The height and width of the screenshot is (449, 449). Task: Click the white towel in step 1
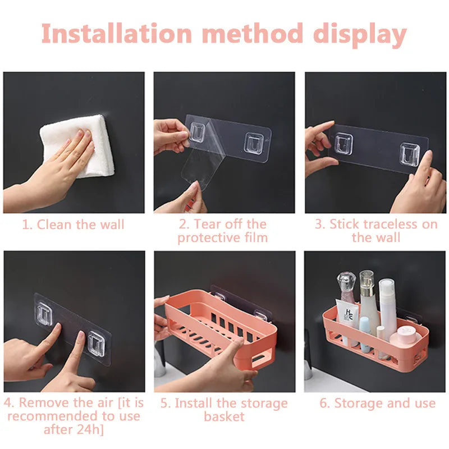(x=79, y=146)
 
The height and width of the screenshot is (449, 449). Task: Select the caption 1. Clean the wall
(x=73, y=225)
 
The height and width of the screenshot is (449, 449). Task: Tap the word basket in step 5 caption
(x=224, y=416)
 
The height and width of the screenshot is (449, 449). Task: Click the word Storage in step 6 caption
(x=358, y=404)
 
